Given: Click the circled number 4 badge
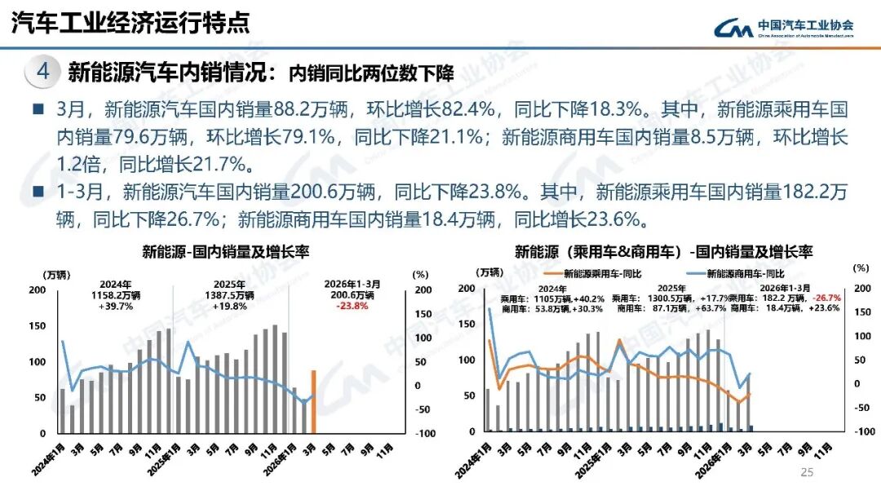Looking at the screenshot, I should pos(43,72).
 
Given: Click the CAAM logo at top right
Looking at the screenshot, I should pos(784,28).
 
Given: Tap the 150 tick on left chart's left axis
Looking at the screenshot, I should pos(38,326).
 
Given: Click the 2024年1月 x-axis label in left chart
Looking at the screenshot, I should pos(51,457).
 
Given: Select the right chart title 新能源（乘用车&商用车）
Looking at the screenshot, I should pos(596,251).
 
